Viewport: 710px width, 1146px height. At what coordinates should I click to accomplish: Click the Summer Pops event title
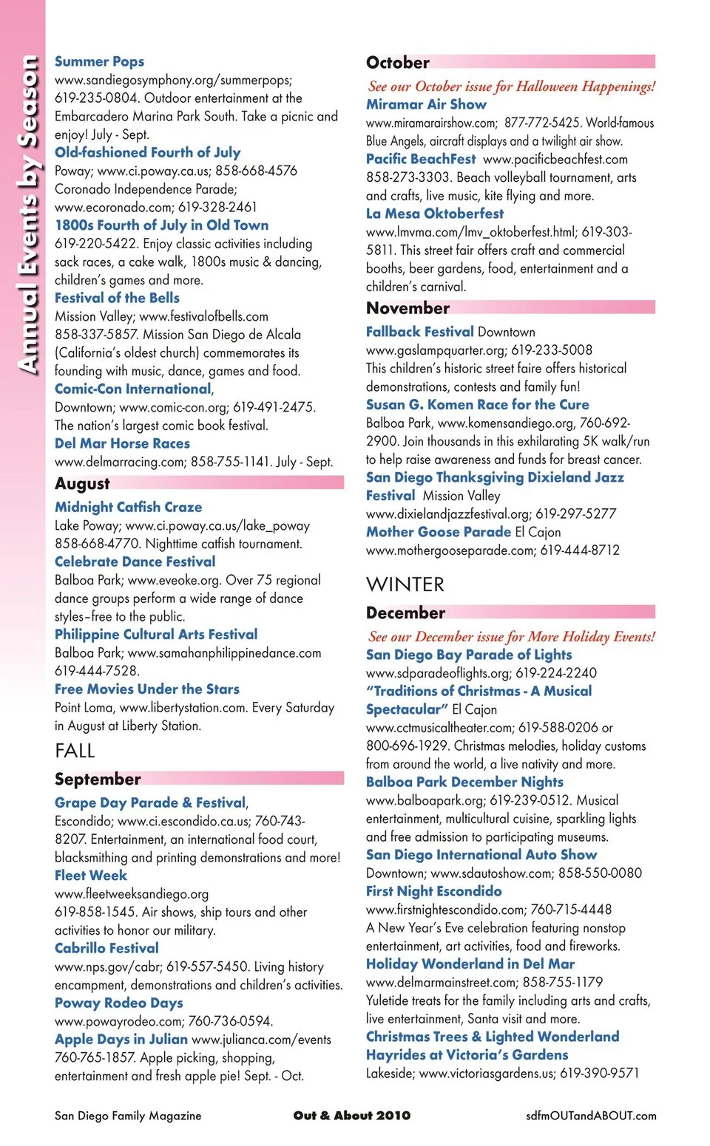pos(99,61)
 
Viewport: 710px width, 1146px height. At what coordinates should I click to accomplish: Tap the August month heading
pos(82,484)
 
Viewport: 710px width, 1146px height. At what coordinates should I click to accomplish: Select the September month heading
pos(98,779)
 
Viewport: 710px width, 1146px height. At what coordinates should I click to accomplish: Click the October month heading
pos(398,63)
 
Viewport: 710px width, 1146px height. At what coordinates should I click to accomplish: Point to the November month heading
pos(408,308)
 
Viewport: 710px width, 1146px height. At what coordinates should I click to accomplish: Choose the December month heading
pos(405,613)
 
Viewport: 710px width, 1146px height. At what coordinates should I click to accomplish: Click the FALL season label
pos(75,751)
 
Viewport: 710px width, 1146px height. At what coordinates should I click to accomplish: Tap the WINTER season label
pos(405,584)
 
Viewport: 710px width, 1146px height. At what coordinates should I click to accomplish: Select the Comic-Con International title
pos(133,389)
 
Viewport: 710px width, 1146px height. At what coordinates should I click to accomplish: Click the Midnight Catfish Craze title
pos(128,507)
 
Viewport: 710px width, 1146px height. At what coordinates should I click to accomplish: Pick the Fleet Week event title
pos(91,875)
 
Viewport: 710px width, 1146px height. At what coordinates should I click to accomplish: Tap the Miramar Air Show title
pos(426,104)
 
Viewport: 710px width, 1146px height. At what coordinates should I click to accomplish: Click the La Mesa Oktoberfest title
pos(435,214)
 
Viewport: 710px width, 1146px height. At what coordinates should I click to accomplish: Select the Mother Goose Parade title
pos(439,531)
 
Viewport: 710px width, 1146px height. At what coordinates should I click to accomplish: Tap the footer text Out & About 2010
pos(351,1115)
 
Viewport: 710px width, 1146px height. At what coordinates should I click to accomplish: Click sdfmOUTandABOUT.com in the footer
pos(591,1116)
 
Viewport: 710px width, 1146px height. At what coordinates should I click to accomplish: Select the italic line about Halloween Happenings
pos(511,86)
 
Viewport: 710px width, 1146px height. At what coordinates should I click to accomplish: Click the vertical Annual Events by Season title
pos(27,214)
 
